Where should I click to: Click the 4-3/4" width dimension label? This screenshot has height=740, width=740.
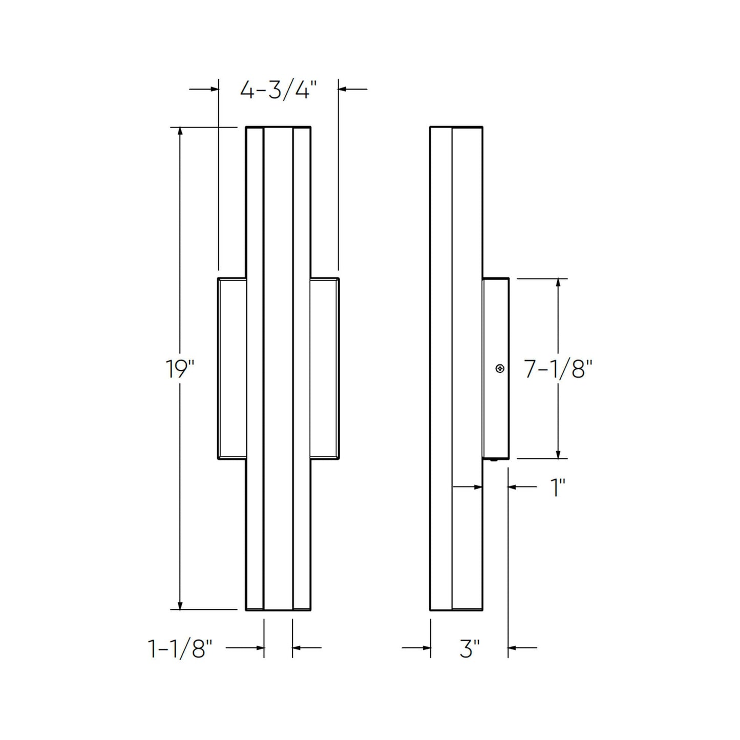point(276,91)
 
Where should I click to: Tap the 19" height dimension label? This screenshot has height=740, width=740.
point(180,369)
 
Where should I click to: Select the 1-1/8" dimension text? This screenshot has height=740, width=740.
point(180,649)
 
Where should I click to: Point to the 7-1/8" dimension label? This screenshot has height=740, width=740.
point(558,369)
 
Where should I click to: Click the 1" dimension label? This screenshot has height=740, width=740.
point(557,488)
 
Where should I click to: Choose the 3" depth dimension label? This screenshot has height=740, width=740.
point(469,649)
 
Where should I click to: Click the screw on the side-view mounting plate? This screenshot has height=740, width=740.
point(500,369)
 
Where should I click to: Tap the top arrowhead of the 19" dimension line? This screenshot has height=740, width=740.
point(180,131)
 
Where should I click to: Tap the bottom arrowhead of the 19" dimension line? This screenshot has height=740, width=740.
point(180,605)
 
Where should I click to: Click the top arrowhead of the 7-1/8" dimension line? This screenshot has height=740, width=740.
point(558,283)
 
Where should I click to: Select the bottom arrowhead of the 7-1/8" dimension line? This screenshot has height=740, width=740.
point(558,454)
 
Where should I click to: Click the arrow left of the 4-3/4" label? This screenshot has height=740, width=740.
point(214,89)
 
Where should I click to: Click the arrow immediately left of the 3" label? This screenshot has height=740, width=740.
point(426,648)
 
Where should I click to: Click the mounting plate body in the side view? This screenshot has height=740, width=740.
point(495,410)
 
